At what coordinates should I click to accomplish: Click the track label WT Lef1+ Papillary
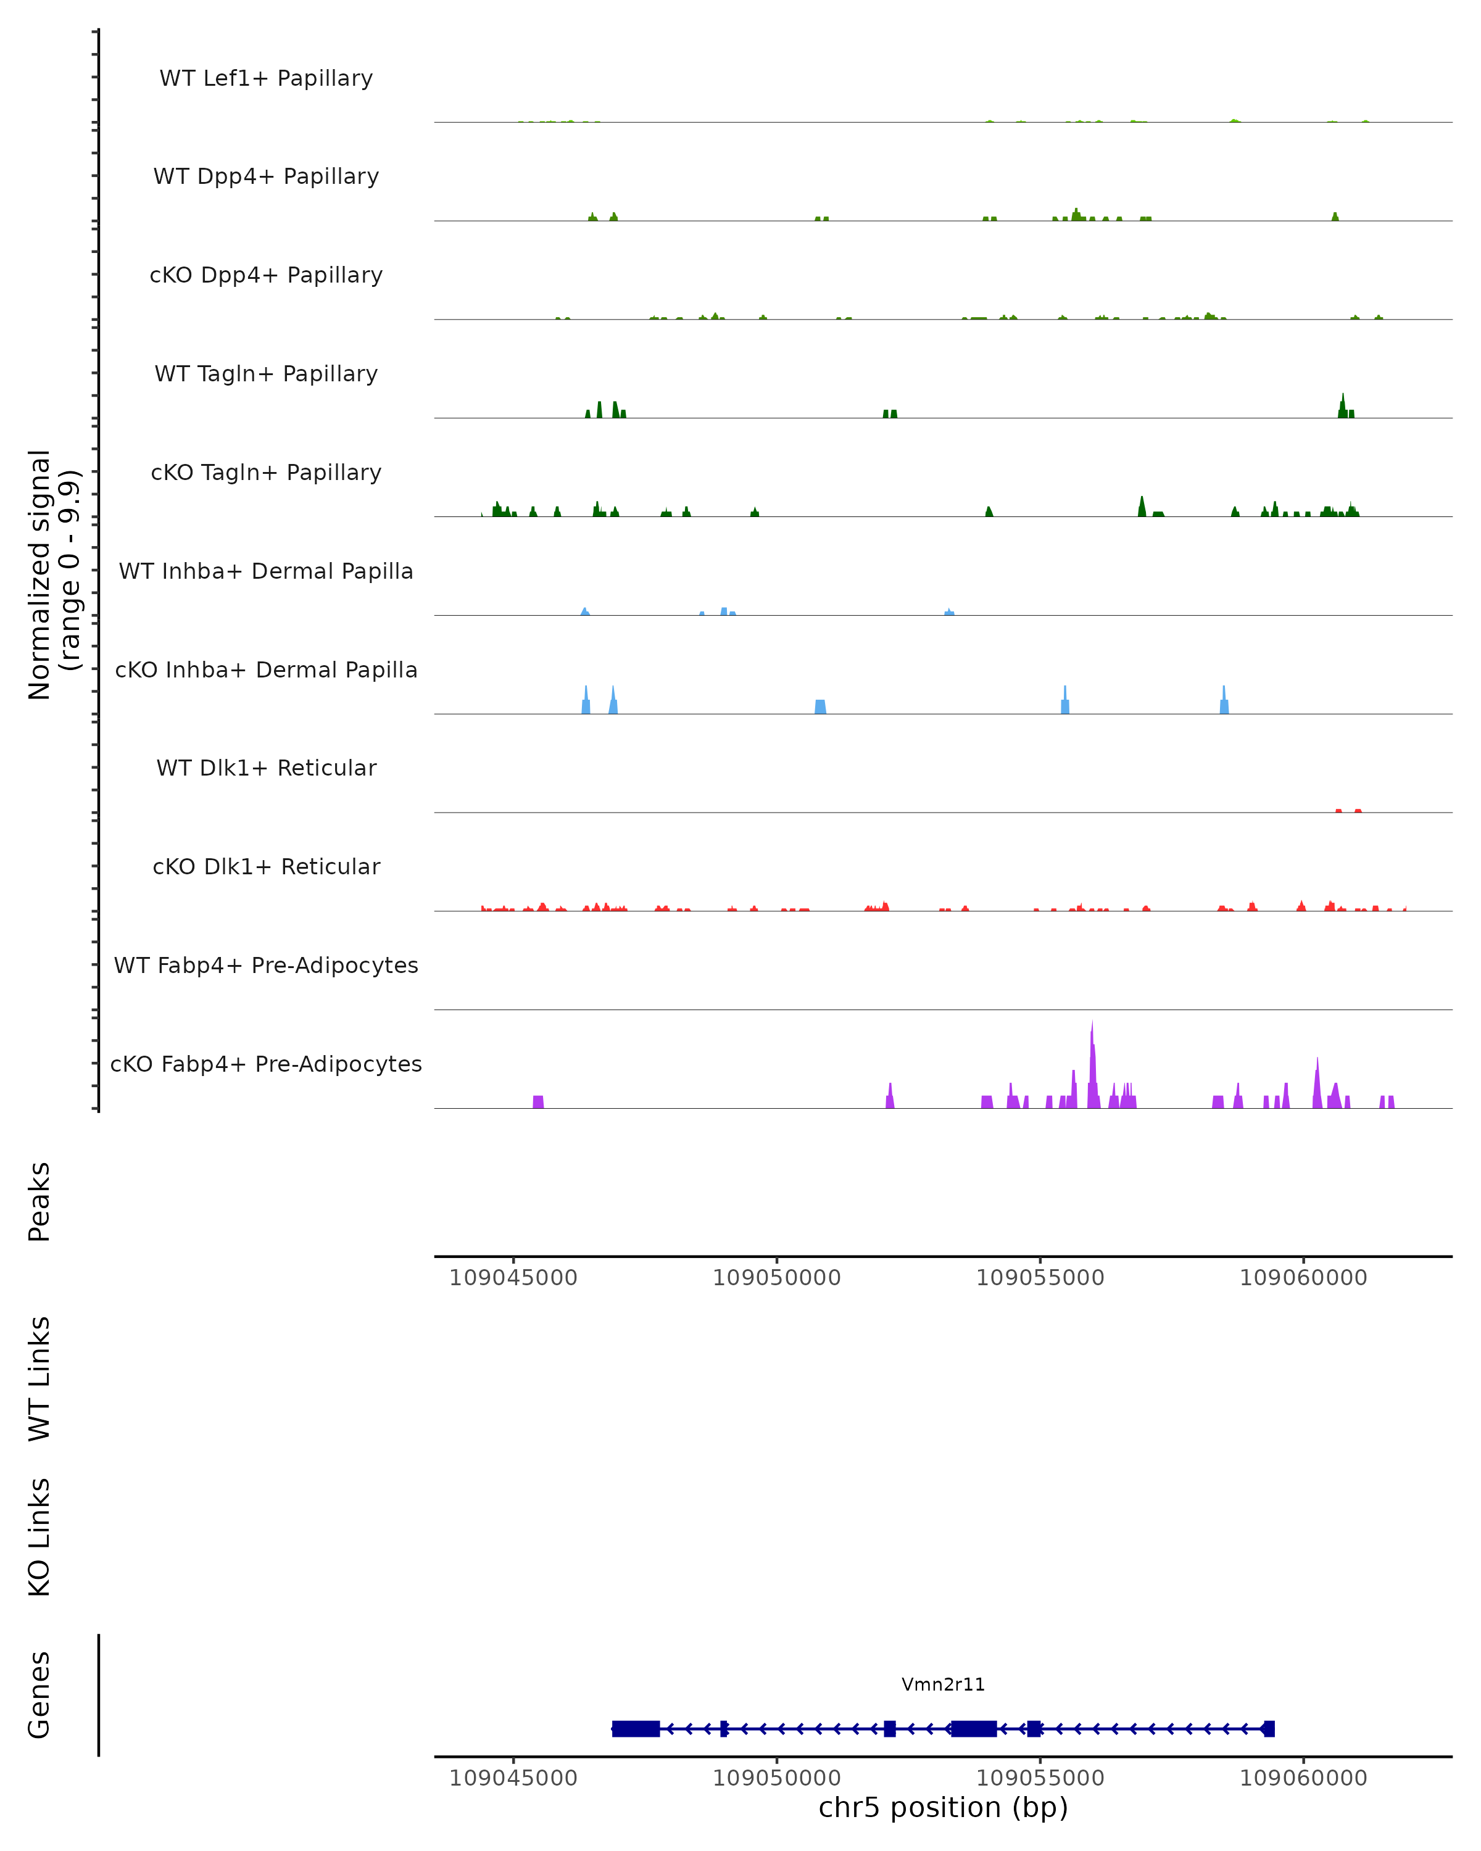[266, 78]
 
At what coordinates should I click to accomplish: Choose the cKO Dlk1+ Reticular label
[266, 866]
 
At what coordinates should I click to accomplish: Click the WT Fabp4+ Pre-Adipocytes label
[266, 965]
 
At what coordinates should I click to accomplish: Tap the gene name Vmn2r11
[943, 1684]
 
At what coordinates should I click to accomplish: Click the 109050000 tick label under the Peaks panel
[776, 1278]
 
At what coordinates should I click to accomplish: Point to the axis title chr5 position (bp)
[943, 1807]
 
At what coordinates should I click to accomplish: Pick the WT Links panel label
[39, 1378]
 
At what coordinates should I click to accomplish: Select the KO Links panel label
[39, 1537]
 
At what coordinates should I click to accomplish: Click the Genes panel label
[39, 1695]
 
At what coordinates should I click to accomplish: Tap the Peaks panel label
[39, 1201]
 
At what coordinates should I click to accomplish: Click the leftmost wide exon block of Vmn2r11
[636, 1728]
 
